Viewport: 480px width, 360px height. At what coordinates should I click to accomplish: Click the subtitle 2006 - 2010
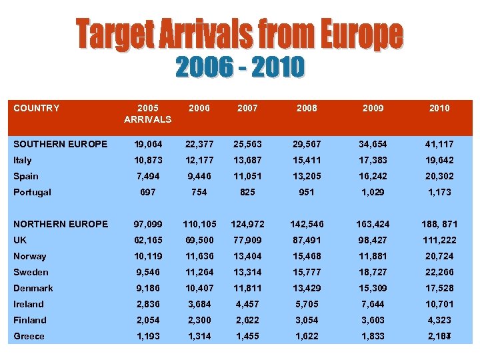(240, 67)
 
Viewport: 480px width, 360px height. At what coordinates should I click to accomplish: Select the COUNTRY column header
(37, 108)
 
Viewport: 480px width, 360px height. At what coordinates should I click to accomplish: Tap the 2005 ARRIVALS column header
(147, 113)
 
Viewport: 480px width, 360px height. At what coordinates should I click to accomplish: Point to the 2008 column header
(307, 108)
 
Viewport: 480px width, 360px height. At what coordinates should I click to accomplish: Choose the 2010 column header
(439, 108)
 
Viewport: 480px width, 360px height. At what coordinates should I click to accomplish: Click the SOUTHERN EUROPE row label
(61, 144)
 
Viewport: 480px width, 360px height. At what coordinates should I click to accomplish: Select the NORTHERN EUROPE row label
(61, 224)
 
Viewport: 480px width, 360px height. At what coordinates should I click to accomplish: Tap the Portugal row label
(32, 192)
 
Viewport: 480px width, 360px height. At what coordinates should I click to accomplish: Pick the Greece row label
(29, 336)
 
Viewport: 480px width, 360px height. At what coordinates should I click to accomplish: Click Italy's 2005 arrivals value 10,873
(147, 160)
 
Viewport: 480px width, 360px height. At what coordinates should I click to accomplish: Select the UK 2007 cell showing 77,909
(248, 240)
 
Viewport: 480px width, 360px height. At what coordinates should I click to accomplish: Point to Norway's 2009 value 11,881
(373, 256)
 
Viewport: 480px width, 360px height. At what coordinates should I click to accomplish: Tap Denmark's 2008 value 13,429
(307, 288)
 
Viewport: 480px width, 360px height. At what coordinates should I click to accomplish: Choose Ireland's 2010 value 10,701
(439, 304)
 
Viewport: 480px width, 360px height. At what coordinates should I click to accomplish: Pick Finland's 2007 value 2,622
(248, 320)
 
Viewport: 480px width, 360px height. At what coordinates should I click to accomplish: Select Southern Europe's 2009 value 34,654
(373, 144)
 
